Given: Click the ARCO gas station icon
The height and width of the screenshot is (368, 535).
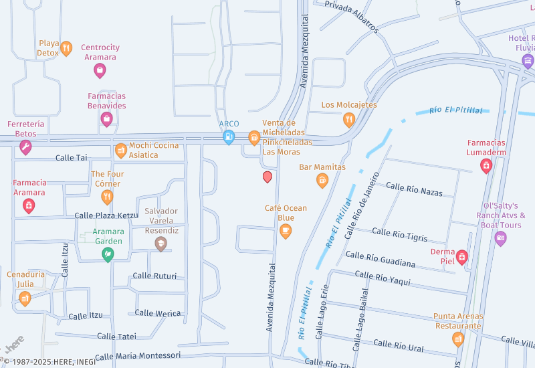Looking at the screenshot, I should [229, 137].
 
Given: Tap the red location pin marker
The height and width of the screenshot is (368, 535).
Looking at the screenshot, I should [267, 177].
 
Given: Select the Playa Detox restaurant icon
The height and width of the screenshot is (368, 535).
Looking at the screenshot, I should [66, 48].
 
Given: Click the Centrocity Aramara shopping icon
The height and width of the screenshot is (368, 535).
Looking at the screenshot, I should [100, 69].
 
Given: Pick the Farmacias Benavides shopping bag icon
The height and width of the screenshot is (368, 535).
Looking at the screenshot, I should [106, 118].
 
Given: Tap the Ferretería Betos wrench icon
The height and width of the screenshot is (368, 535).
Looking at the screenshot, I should [25, 147].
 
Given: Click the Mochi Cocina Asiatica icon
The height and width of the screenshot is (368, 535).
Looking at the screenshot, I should [120, 150].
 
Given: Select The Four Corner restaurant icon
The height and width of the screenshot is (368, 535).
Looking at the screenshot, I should [107, 196].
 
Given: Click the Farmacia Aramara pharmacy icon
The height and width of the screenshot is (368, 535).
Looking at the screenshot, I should [29, 205].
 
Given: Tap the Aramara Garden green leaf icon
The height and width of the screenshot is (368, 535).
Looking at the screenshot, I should [107, 254].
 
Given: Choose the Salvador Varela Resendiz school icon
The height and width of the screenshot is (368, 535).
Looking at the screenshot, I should [160, 244].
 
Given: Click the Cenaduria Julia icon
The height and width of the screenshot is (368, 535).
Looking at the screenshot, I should [25, 298].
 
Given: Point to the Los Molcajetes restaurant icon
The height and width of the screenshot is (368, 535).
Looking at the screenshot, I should [348, 120].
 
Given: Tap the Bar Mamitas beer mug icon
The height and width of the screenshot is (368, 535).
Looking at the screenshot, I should [322, 180].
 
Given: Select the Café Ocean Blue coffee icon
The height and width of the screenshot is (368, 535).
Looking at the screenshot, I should [286, 231].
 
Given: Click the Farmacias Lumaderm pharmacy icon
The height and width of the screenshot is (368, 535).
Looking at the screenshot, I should [486, 165].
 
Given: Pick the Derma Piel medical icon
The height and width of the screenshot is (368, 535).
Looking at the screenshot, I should [461, 256].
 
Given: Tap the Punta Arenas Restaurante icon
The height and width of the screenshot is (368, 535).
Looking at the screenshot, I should [458, 339].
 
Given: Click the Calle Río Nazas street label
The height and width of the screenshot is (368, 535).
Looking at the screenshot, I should [415, 191].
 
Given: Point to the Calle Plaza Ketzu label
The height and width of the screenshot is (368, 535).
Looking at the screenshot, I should [106, 215].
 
